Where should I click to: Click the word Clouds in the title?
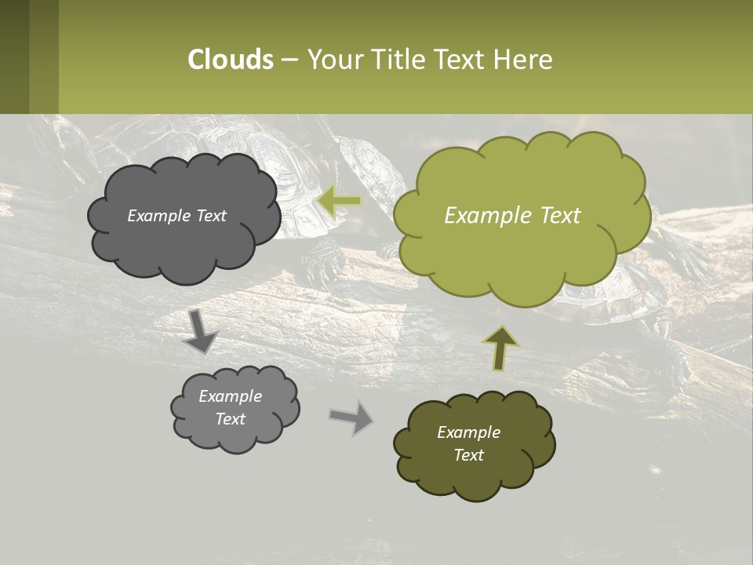click(x=231, y=60)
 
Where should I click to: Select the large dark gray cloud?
click(x=183, y=235)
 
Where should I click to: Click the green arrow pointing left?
click(x=340, y=201)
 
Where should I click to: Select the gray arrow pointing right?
click(x=352, y=417)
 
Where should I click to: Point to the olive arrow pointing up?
click(x=500, y=348)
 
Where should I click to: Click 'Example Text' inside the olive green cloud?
click(x=512, y=216)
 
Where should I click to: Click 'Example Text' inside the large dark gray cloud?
click(x=176, y=216)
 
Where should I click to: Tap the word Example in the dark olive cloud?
click(x=468, y=432)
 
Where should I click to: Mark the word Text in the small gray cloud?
click(x=231, y=419)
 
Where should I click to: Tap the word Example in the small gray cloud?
click(x=231, y=396)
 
